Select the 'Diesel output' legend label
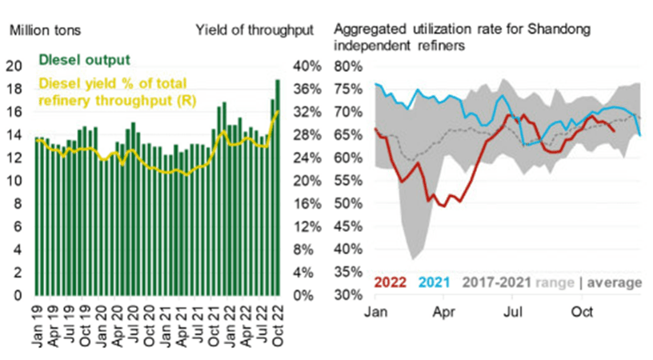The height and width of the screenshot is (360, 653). click(x=86, y=60)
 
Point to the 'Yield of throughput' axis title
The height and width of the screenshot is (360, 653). click(x=254, y=30)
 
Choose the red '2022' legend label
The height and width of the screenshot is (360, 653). click(x=391, y=282)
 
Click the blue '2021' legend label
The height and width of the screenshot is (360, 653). click(x=435, y=282)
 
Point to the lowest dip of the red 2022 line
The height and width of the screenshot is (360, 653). click(x=441, y=206)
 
